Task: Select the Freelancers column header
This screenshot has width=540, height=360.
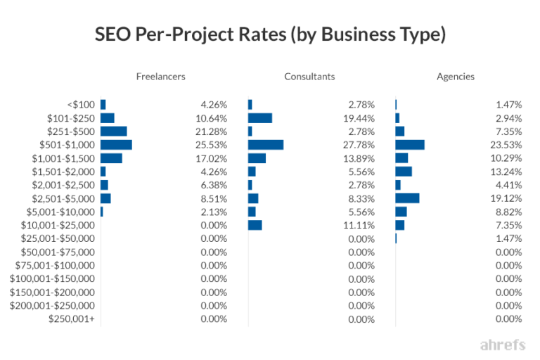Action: coord(160,77)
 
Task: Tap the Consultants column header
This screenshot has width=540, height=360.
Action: coord(309,77)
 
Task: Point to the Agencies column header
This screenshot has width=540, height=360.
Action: coord(455,77)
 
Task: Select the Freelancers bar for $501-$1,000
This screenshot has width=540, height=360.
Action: coord(116,145)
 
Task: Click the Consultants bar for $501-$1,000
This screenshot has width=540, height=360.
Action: coord(266,145)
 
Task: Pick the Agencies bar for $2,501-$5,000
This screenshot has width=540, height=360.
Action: coord(407,198)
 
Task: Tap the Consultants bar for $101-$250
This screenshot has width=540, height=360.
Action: coord(260,118)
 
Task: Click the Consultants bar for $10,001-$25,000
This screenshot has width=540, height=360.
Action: coord(255,225)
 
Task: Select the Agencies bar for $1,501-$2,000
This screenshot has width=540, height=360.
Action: coord(404,172)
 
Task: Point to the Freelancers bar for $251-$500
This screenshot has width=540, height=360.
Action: coord(114,131)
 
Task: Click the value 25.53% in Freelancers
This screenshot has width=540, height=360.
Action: coord(213,145)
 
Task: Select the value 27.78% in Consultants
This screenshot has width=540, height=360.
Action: coord(361,145)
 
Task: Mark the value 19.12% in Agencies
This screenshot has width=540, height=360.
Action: coord(508,198)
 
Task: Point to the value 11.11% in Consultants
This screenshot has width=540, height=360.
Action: coord(361,225)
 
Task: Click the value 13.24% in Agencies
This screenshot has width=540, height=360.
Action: coord(508,172)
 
